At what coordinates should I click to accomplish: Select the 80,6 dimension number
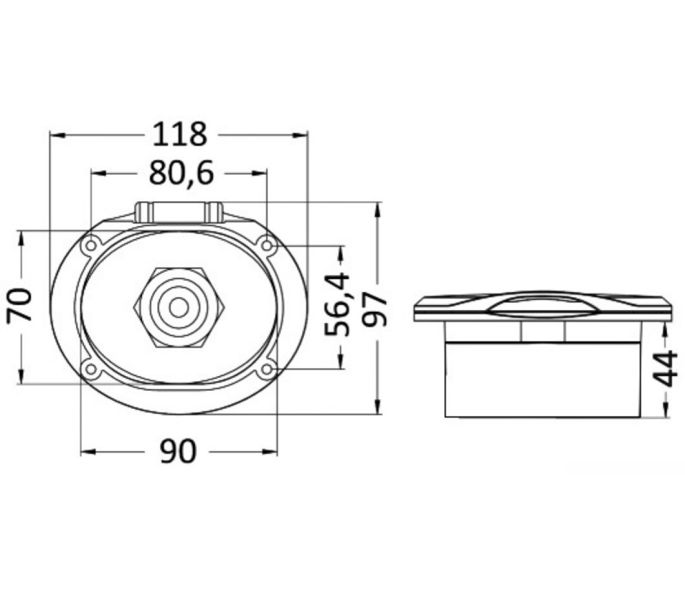click(181, 173)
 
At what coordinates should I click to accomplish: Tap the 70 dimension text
click(20, 305)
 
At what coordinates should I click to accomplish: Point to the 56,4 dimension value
click(338, 304)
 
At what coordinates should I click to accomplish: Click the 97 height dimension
click(376, 310)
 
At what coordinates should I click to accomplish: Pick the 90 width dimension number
click(178, 451)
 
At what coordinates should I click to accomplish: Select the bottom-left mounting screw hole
click(91, 370)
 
